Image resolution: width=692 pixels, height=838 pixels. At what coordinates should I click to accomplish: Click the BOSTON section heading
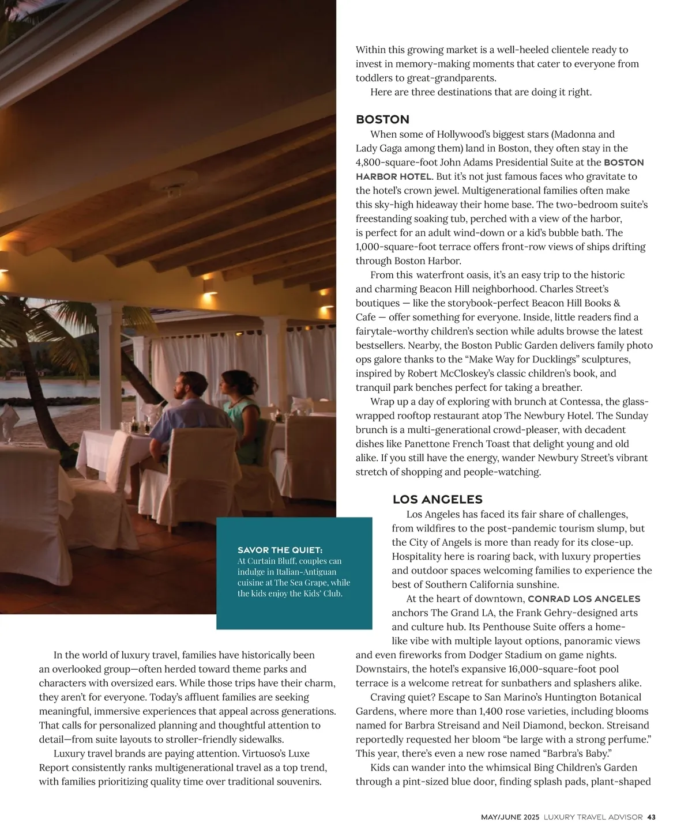(382, 119)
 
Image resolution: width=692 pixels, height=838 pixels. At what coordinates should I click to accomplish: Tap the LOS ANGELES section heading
(437, 499)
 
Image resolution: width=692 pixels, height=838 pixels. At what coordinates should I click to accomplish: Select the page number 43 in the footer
(652, 817)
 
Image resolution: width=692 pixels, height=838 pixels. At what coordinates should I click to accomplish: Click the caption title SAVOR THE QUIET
(280, 550)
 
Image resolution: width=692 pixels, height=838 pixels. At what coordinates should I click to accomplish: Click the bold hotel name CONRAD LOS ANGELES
(584, 599)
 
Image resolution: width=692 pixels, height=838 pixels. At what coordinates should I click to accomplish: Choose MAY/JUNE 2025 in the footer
(510, 817)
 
